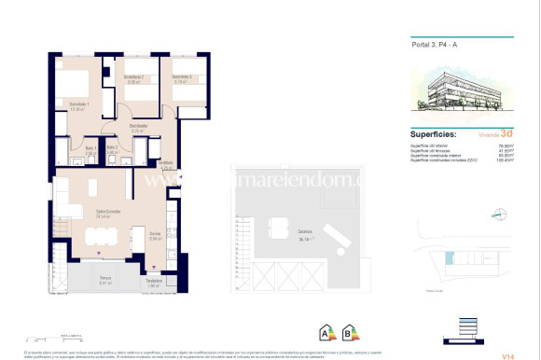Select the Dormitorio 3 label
[182, 78]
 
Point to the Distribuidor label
[139, 128]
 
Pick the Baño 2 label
[112, 148]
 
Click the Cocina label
[156, 234]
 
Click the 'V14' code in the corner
[507, 353]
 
